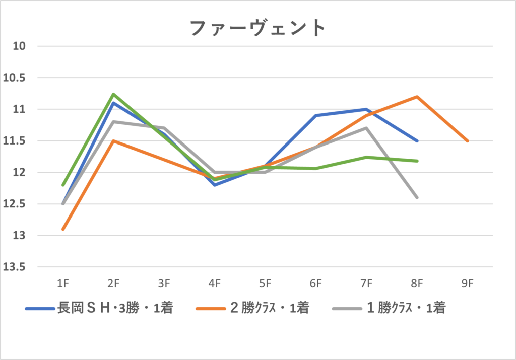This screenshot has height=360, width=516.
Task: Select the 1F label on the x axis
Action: click(x=63, y=284)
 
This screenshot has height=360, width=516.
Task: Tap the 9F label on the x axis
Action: click(x=468, y=284)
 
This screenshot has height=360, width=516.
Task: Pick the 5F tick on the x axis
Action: click(x=266, y=284)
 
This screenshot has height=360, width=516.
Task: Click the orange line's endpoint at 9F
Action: click(x=468, y=141)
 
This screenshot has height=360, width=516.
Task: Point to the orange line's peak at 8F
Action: click(x=417, y=97)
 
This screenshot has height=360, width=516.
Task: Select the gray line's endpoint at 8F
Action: click(x=417, y=197)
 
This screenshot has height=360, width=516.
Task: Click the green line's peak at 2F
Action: click(x=113, y=94)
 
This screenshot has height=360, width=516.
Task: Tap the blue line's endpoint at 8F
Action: click(x=417, y=141)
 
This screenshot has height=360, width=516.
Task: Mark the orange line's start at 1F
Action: click(x=63, y=229)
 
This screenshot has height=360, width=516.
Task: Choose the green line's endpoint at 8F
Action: click(x=417, y=161)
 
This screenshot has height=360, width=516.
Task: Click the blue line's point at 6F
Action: click(x=316, y=116)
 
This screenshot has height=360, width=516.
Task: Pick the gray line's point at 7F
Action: click(x=366, y=128)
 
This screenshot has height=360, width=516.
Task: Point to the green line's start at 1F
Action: click(x=63, y=185)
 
